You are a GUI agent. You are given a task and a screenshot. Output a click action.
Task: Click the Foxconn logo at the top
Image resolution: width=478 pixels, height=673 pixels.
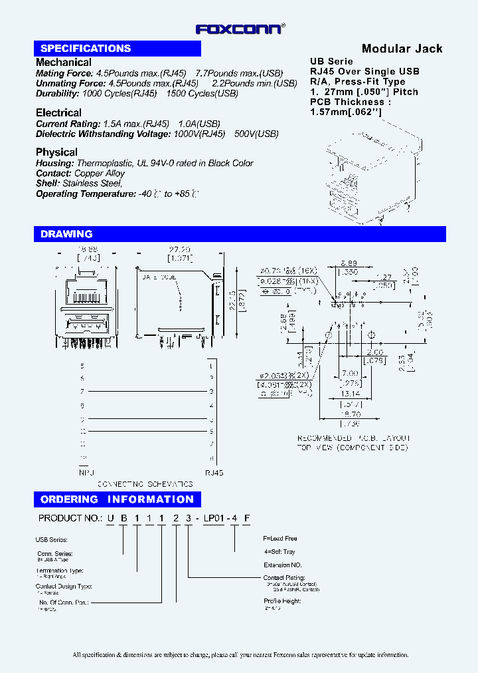(x=240, y=29)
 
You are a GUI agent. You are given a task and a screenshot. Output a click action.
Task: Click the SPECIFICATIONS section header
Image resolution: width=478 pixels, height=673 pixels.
(x=86, y=49)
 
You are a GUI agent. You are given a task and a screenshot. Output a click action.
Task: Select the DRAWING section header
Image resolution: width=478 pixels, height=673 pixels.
(x=66, y=234)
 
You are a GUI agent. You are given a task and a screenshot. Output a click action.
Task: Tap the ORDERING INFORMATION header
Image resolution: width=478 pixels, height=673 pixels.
(x=117, y=499)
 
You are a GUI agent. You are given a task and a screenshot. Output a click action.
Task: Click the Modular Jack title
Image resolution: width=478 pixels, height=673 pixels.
(x=402, y=49)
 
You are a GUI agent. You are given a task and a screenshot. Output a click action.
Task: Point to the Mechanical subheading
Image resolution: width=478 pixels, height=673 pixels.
(x=64, y=62)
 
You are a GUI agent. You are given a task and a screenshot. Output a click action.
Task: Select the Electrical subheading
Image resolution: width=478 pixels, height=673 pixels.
(x=58, y=113)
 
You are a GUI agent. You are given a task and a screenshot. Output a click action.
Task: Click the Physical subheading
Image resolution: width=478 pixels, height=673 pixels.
(x=56, y=152)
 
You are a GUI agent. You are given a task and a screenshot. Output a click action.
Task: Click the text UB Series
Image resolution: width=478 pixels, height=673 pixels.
(x=332, y=61)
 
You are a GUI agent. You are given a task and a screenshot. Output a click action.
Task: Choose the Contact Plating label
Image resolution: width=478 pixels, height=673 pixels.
(x=283, y=578)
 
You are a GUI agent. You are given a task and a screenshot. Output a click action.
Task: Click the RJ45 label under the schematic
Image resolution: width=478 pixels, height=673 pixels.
(x=214, y=473)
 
